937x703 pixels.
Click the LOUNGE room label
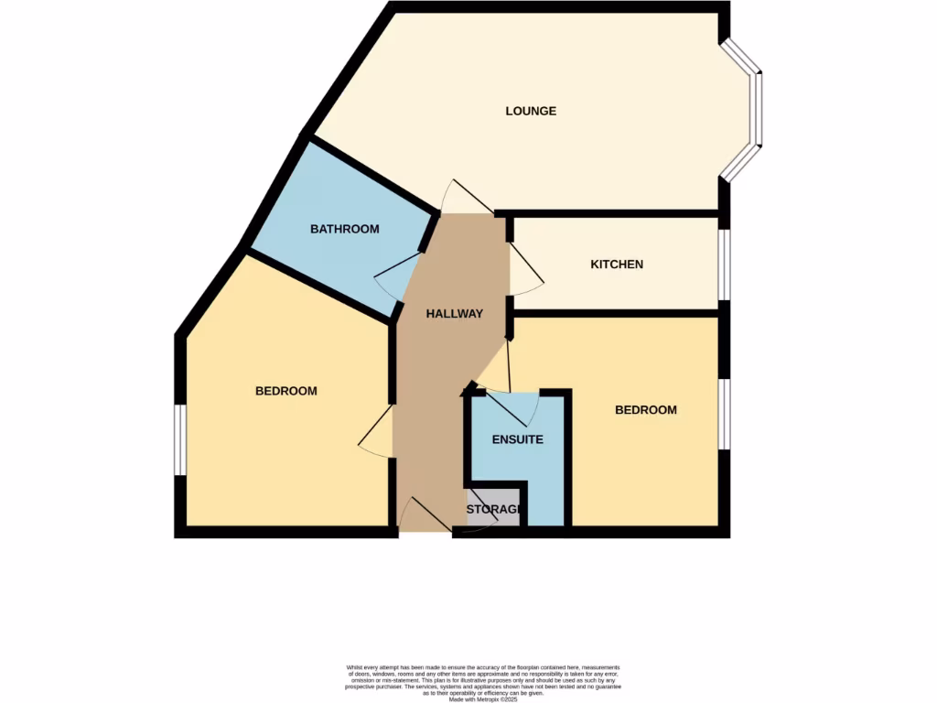531,112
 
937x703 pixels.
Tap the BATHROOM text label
344,229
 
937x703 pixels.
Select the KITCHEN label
617,265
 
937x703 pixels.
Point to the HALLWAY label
454,314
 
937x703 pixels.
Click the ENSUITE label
517,439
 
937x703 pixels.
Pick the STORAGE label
494,509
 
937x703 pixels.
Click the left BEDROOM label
285,391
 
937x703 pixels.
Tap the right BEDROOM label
645,410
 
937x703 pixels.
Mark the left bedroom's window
181,439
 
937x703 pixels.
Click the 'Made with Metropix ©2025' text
483,700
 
